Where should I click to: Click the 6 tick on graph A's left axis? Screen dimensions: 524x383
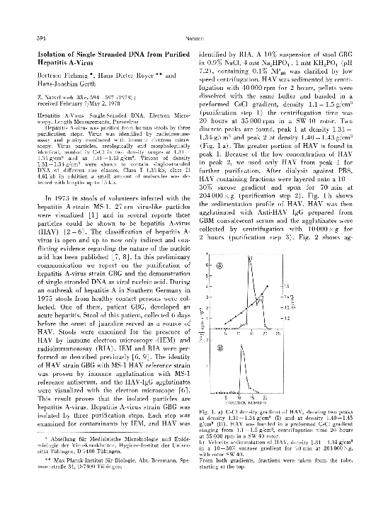tap(206, 266)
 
